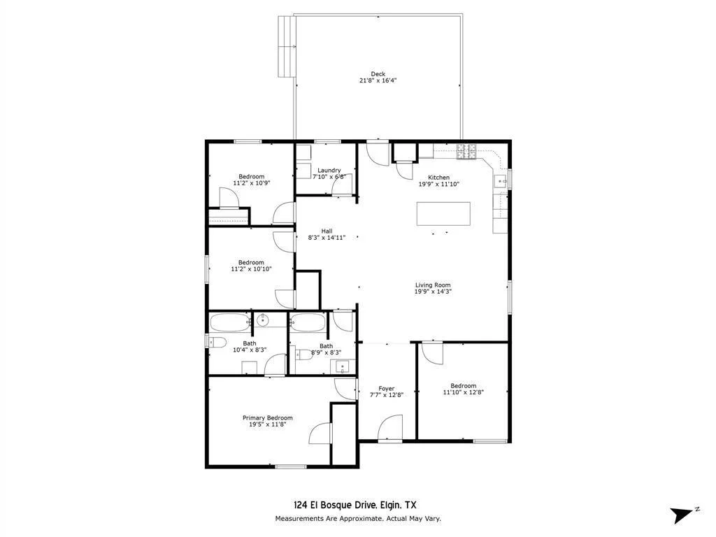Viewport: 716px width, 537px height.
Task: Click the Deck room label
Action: pos(378,73)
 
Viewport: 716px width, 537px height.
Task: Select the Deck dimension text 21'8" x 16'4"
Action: pos(378,80)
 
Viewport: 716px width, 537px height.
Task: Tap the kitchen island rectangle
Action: pos(443,214)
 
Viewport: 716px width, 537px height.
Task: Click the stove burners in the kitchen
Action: pos(466,152)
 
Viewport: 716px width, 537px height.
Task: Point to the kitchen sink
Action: pos(501,181)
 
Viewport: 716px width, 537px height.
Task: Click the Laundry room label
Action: pos(329,170)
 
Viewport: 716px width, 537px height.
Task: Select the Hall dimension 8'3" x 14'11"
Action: pos(327,238)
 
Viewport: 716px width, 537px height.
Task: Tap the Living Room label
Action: pos(433,285)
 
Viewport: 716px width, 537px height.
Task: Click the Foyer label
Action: pos(386,389)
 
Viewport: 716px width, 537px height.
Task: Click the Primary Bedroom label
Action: pos(268,418)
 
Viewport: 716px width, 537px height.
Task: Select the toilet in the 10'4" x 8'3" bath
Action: pos(217,341)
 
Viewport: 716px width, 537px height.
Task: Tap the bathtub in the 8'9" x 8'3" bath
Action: pos(308,322)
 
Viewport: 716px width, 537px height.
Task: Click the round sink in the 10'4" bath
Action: pos(263,320)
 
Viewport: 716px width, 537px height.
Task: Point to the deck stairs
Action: pos(286,46)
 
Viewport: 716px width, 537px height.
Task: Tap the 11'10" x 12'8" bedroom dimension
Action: pos(463,392)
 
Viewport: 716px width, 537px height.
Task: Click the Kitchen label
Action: pos(438,177)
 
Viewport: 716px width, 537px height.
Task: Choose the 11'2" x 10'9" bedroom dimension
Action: pos(252,182)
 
